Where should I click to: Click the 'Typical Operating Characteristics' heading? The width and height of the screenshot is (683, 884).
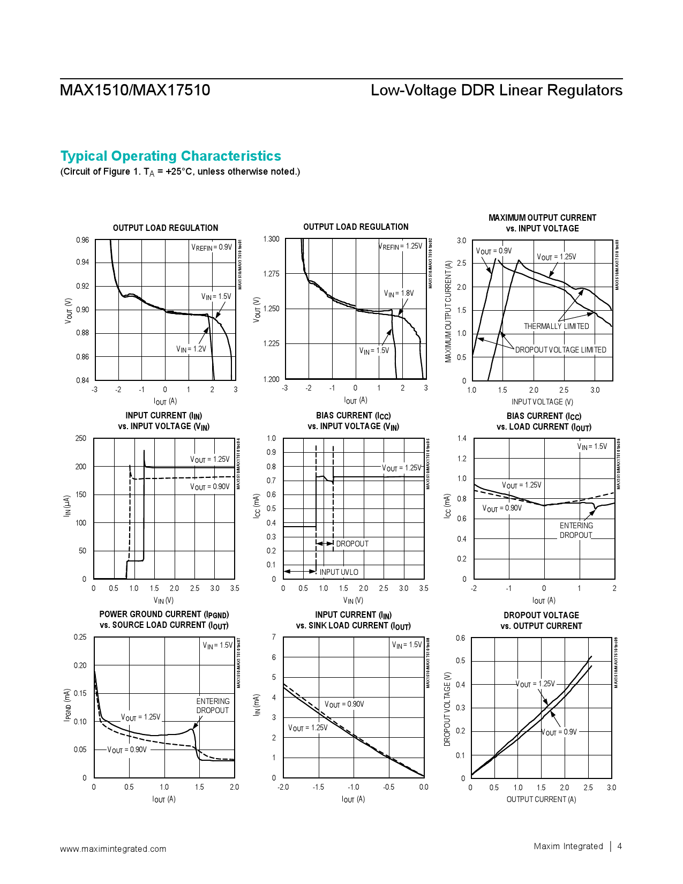pyautogui.click(x=170, y=156)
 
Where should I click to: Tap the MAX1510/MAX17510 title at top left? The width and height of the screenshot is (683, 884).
pyautogui.click(x=135, y=90)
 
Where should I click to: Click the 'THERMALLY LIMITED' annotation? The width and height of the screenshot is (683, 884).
pyautogui.click(x=556, y=326)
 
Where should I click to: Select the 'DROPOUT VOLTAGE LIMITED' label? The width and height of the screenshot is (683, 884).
pyautogui.click(x=560, y=350)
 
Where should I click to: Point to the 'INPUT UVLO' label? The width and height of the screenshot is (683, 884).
pyautogui.click(x=339, y=572)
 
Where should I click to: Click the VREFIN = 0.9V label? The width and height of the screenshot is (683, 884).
pyautogui.click(x=212, y=247)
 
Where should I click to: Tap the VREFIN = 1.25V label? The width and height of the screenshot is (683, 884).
pyautogui.click(x=400, y=246)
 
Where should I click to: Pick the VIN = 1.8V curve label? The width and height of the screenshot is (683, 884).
pyautogui.click(x=399, y=294)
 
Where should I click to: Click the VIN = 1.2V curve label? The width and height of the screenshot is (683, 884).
pyautogui.click(x=191, y=349)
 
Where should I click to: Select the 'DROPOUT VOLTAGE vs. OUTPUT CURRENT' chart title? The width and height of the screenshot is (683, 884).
pyautogui.click(x=541, y=620)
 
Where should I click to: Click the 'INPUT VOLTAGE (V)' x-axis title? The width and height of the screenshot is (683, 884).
pyautogui.click(x=542, y=402)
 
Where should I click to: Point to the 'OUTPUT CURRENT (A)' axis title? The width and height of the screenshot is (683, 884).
pyautogui.click(x=541, y=799)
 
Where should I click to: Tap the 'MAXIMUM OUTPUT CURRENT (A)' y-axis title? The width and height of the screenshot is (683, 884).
pyautogui.click(x=448, y=311)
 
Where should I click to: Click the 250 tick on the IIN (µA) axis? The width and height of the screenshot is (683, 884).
pyautogui.click(x=80, y=438)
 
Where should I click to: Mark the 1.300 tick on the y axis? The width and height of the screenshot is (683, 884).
pyautogui.click(x=271, y=239)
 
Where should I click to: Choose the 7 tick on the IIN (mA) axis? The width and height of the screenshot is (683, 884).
pyautogui.click(x=274, y=637)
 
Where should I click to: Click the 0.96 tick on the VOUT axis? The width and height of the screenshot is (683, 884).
pyautogui.click(x=82, y=240)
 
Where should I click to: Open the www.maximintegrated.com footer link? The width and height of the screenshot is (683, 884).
pyautogui.click(x=113, y=849)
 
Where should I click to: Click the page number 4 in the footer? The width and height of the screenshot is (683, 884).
pyautogui.click(x=620, y=846)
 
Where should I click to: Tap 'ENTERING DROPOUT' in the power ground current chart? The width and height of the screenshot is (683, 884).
pyautogui.click(x=213, y=706)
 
